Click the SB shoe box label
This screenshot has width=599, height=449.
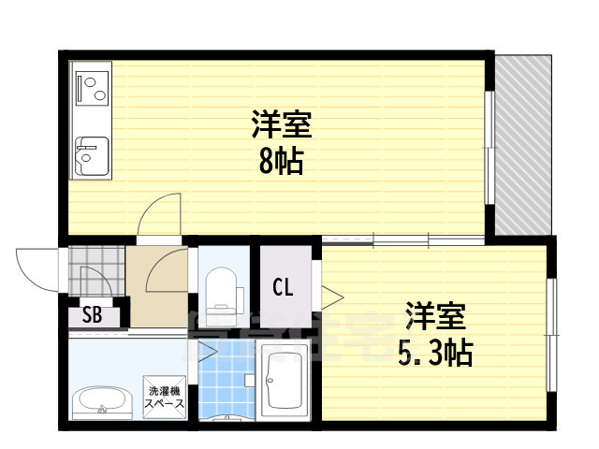coord(92,315)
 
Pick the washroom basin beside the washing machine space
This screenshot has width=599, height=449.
coord(102,400)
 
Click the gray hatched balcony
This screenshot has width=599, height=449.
coord(522,145)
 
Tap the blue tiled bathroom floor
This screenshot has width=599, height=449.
coord(225,379)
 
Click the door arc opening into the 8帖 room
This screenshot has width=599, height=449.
coord(159,212)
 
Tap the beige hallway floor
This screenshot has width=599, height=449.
coord(159,290)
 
